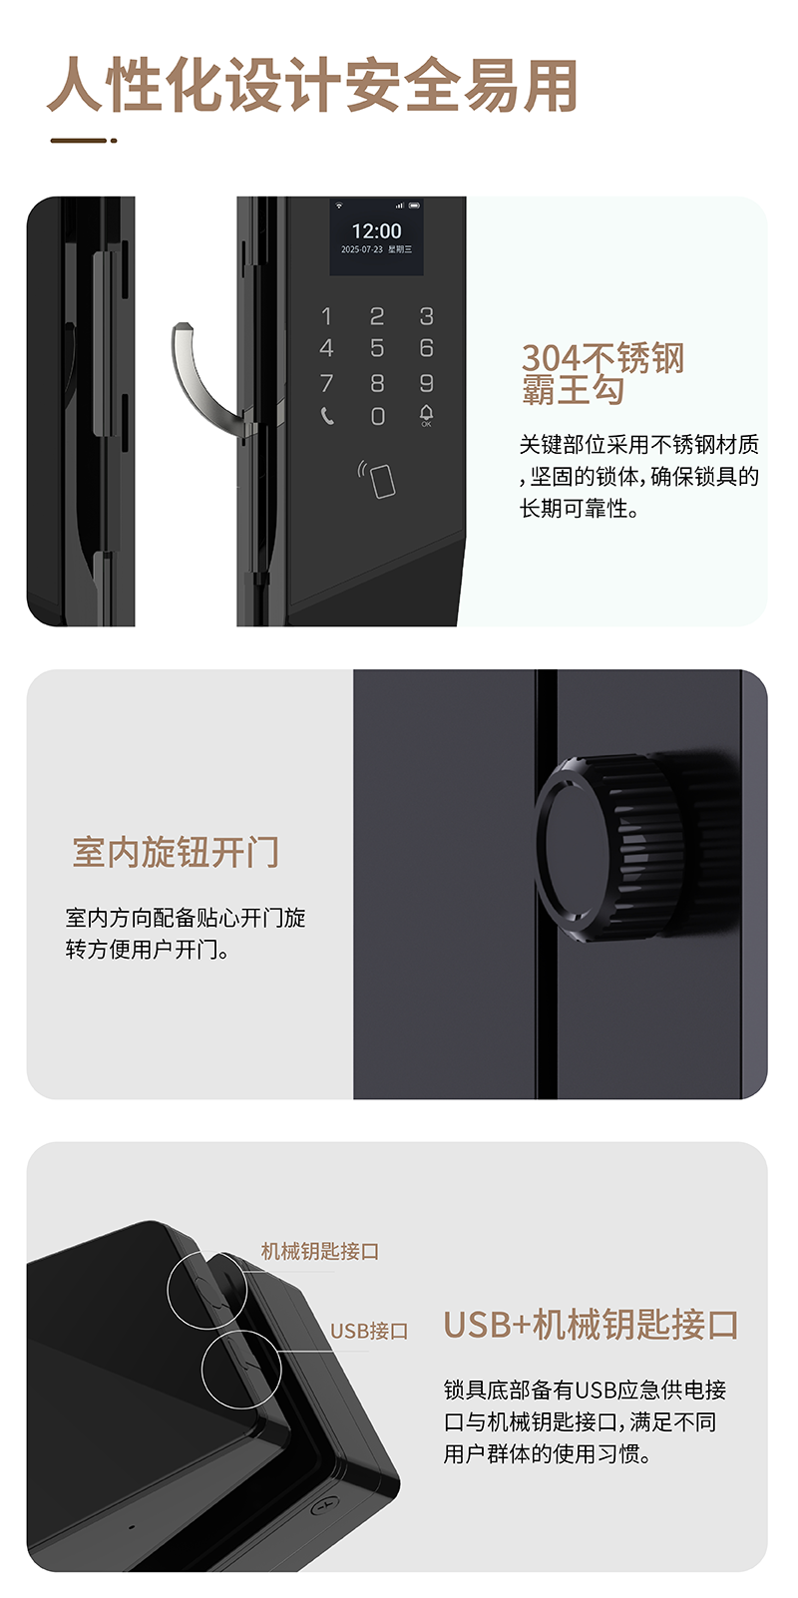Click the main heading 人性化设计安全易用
(312, 86)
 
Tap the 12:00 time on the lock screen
(376, 230)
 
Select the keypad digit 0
(378, 416)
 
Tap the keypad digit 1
(326, 315)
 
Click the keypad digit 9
(427, 383)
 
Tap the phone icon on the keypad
(326, 415)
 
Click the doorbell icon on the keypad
(427, 415)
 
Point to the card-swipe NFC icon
(376, 479)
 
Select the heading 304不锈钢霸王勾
(602, 374)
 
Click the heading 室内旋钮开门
(176, 852)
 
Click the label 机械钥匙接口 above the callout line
(320, 1251)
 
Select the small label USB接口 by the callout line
(369, 1331)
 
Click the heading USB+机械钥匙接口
(591, 1324)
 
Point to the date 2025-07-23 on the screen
(361, 249)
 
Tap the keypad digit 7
(326, 383)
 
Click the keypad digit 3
(427, 315)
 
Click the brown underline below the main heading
(84, 141)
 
